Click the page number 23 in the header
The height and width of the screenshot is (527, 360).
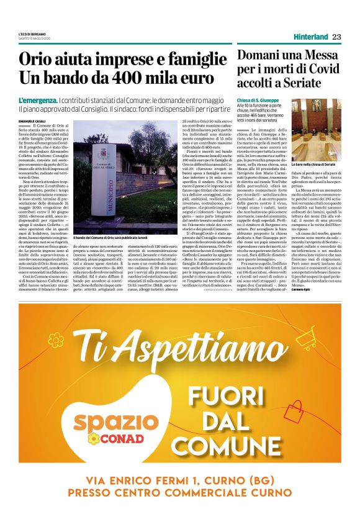pyautogui.click(x=336, y=37)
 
